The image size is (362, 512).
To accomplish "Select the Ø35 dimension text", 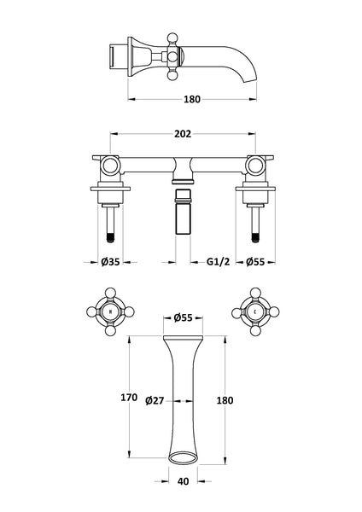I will [108, 264].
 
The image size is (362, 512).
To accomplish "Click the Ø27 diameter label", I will [155, 400].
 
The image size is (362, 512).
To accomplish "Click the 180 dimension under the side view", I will [193, 100].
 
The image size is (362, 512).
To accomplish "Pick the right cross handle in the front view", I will [256, 312].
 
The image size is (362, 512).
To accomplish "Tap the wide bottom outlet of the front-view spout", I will [181, 453].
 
